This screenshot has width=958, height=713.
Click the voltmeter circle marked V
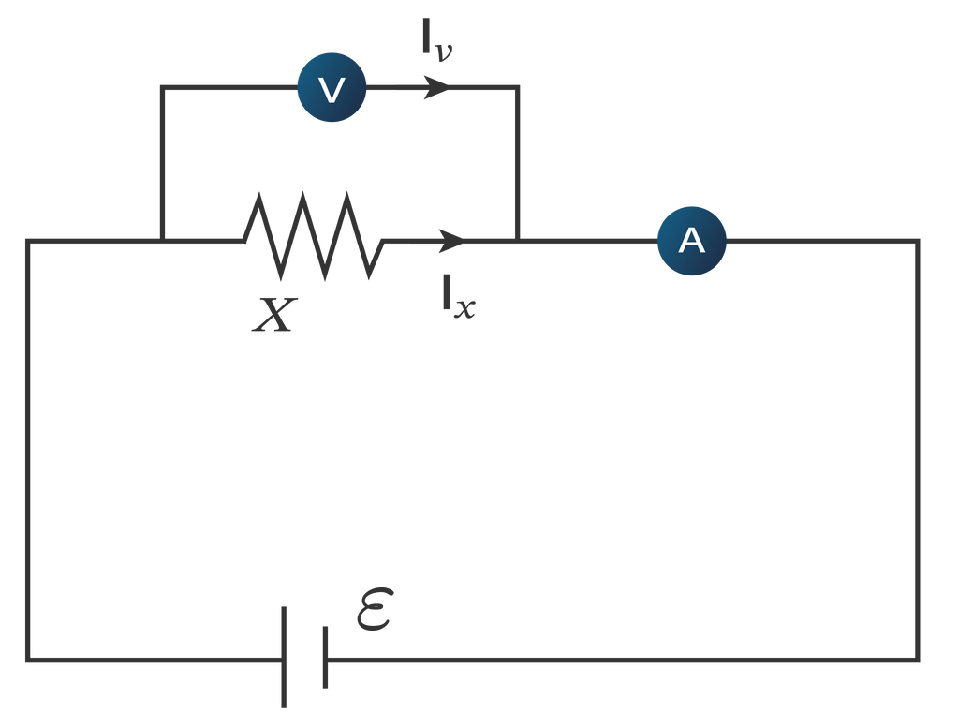click(x=332, y=89)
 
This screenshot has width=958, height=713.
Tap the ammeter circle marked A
click(x=691, y=241)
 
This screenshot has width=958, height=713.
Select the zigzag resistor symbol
click(x=313, y=235)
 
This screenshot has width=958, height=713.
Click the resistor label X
click(x=273, y=317)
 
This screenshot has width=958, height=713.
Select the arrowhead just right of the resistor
click(x=450, y=241)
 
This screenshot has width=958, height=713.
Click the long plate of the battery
click(x=284, y=657)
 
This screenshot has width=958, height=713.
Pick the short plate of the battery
click(x=325, y=657)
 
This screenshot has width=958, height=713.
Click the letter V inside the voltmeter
click(x=332, y=90)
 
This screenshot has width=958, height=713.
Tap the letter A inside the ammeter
click(x=691, y=241)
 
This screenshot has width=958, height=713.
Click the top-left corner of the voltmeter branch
click(x=162, y=88)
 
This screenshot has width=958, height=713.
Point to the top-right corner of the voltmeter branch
click(x=517, y=88)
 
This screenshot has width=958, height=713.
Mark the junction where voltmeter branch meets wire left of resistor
click(x=162, y=241)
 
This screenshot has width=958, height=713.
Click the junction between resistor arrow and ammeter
click(x=517, y=241)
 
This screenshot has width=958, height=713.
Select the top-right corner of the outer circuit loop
click(x=918, y=241)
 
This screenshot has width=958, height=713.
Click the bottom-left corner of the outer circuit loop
click(x=29, y=659)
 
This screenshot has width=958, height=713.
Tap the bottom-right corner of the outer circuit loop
click(x=918, y=659)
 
